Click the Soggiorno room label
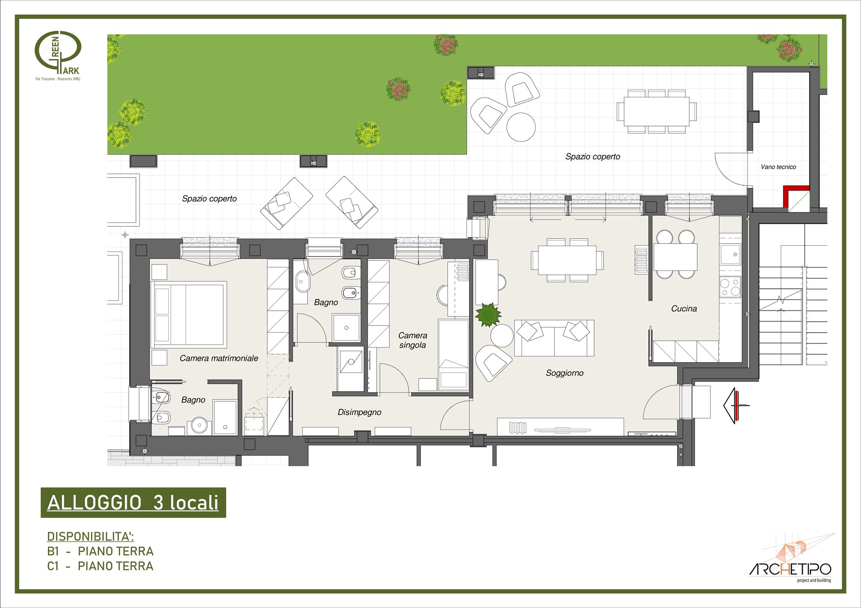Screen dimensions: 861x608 565,373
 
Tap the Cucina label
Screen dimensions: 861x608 684,308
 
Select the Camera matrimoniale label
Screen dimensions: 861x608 219,358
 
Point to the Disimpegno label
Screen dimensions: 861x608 359,413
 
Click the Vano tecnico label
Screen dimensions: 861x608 778,167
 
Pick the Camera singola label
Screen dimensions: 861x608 413,340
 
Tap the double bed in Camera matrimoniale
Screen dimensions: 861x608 189,314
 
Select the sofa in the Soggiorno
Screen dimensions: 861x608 554,338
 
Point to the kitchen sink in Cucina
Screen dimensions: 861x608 731,255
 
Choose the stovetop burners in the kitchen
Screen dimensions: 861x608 731,287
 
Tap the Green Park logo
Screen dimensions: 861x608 58,55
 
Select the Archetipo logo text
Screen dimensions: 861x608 790,569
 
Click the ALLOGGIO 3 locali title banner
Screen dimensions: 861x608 133,503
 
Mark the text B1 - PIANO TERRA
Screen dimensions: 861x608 100,551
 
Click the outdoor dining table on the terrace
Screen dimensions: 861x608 657,112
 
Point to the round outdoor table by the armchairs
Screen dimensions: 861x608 521,127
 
